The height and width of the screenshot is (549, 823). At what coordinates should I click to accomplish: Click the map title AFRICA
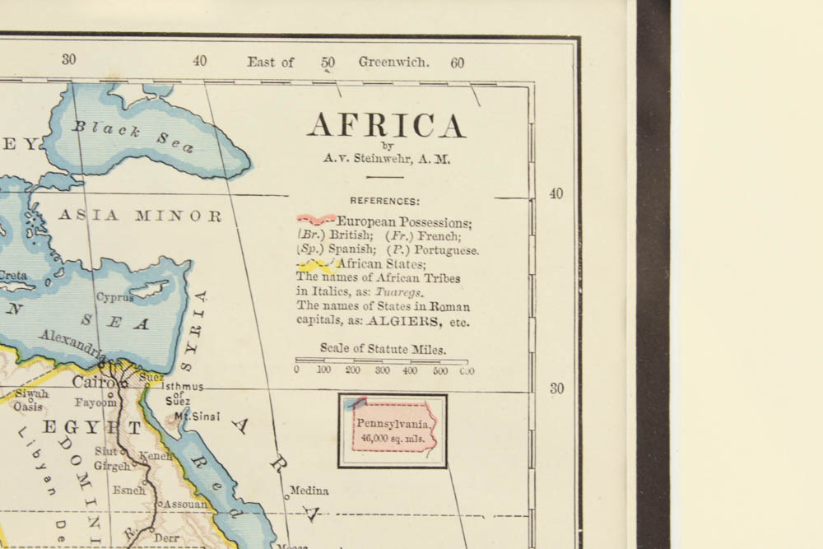point(386,126)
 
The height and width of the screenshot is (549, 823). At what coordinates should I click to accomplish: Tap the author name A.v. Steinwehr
point(386,161)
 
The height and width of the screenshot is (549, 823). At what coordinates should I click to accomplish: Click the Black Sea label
point(133,136)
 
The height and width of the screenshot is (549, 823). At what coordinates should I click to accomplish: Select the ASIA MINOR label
point(140,216)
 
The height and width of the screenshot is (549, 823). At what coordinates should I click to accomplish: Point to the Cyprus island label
point(114,296)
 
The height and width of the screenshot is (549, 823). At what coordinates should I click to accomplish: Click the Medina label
point(309,491)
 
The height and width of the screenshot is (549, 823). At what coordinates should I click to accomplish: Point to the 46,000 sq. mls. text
point(393,438)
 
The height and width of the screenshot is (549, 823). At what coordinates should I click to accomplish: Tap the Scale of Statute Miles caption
point(384,348)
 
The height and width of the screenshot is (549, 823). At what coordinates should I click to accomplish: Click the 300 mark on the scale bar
point(382,370)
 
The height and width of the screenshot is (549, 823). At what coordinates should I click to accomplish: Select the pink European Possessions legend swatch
point(316,220)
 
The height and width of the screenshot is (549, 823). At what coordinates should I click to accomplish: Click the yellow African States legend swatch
point(315,264)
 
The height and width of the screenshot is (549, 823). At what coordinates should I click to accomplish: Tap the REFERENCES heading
point(384,201)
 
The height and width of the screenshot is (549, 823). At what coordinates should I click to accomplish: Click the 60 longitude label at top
point(458,63)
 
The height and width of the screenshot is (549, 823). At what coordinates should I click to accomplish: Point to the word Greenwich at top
point(393,62)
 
